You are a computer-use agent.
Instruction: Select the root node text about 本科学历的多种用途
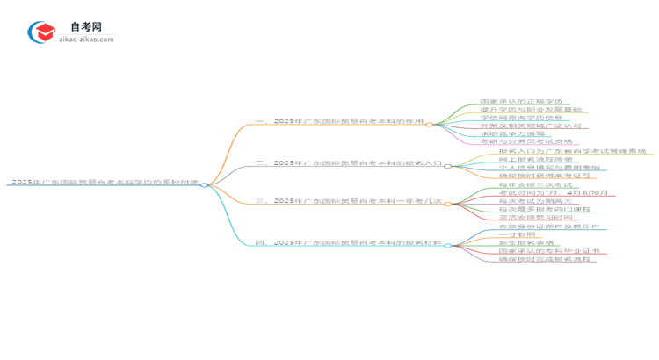tap(104, 183)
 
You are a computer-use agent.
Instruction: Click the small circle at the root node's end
tap(204, 184)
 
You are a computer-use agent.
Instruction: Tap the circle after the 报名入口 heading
tap(447, 165)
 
